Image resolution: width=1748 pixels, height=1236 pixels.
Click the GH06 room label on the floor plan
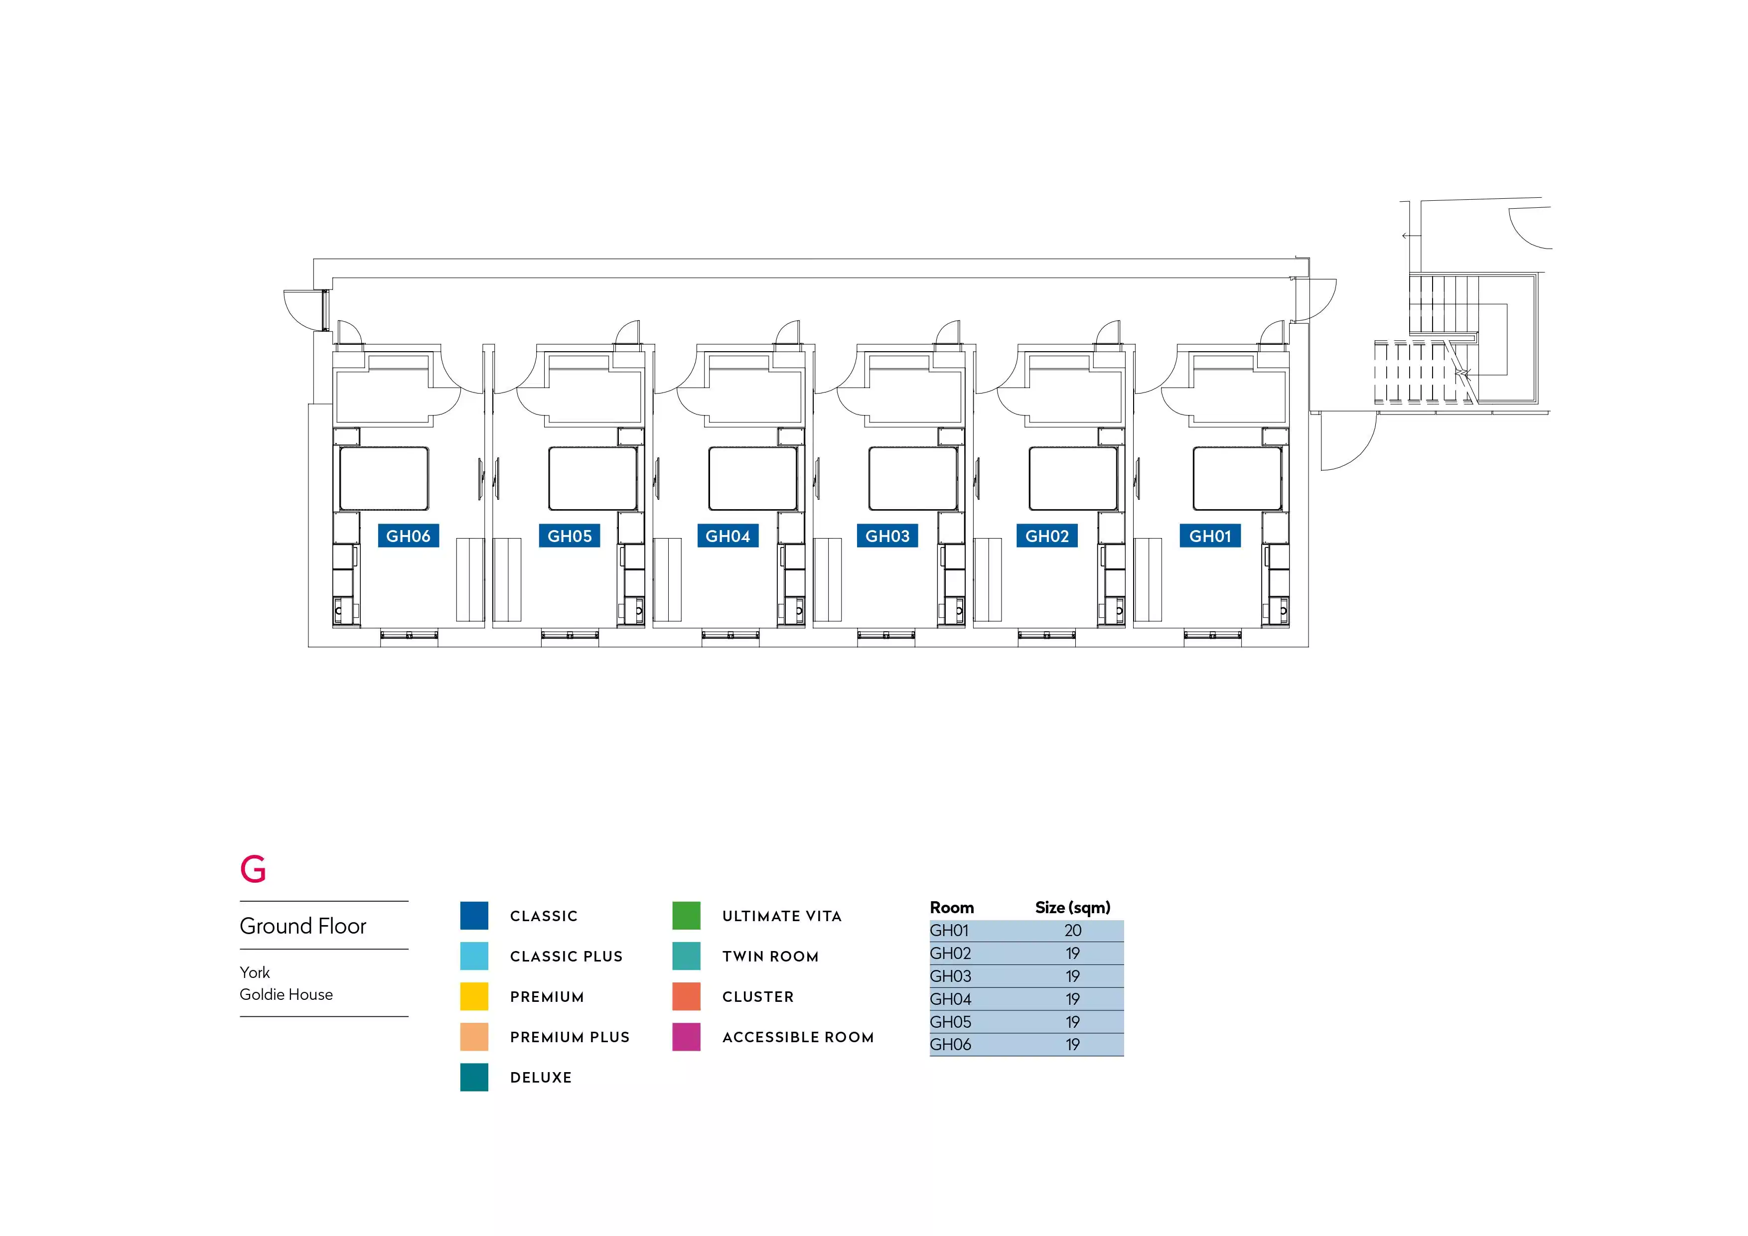(408, 536)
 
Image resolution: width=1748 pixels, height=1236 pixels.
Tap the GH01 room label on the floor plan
(1210, 536)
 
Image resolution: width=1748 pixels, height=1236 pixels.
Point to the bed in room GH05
(592, 478)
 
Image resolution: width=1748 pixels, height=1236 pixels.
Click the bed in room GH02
(1073, 478)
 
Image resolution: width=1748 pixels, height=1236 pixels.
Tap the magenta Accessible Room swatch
(686, 1037)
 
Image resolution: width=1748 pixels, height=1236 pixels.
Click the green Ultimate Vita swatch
(686, 916)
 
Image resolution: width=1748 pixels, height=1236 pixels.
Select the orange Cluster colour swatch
(686, 996)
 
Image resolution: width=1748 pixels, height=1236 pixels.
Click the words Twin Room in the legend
(770, 957)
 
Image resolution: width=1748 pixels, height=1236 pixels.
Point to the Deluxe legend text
(541, 1078)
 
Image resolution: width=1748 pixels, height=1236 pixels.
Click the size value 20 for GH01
(1073, 931)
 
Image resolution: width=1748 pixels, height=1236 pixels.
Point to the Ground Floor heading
(303, 926)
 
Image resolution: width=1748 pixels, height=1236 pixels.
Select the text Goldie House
(286, 995)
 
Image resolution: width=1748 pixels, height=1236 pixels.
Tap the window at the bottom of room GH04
(730, 634)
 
